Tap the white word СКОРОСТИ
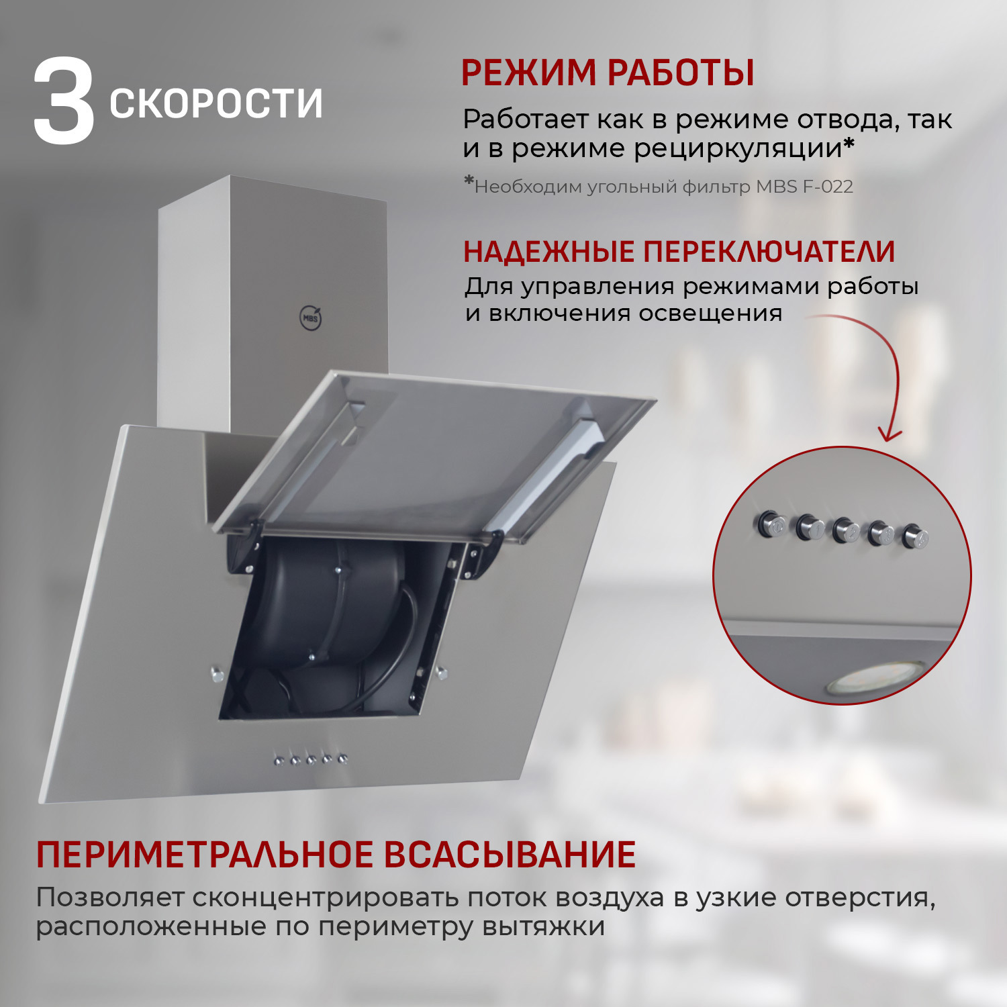(x=216, y=103)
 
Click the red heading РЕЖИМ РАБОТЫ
(x=608, y=73)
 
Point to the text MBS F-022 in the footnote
(x=804, y=187)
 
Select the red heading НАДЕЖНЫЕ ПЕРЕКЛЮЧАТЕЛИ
(x=679, y=251)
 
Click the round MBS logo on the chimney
(x=311, y=318)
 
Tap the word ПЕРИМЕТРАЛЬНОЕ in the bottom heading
(x=204, y=855)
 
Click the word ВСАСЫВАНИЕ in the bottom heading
(x=510, y=855)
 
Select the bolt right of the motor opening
(x=442, y=672)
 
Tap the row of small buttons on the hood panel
(x=311, y=760)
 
